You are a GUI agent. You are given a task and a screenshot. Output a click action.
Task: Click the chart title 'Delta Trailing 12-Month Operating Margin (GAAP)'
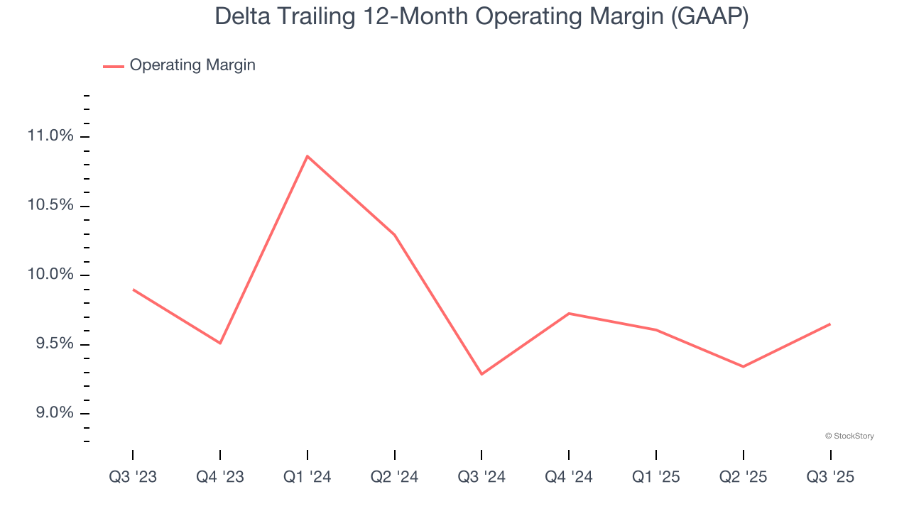pyautogui.click(x=481, y=17)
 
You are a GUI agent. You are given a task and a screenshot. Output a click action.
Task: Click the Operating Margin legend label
pyautogui.click(x=192, y=65)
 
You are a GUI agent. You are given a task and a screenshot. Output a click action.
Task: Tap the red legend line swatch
pyautogui.click(x=114, y=66)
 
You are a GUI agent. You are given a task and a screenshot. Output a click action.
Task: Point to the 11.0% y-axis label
pyautogui.click(x=50, y=136)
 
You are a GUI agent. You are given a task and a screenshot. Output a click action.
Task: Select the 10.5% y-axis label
pyautogui.click(x=50, y=206)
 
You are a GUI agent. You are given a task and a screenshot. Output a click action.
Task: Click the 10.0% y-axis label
pyautogui.click(x=50, y=275)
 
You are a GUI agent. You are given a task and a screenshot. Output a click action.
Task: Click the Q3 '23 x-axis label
pyautogui.click(x=133, y=477)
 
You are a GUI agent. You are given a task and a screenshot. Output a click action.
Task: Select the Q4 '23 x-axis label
pyautogui.click(x=220, y=477)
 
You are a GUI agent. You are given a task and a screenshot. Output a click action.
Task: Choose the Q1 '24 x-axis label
pyautogui.click(x=307, y=477)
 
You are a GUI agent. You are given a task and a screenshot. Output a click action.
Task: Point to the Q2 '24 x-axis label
pyautogui.click(x=394, y=477)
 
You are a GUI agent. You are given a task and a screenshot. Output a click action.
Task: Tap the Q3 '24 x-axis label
pyautogui.click(x=481, y=477)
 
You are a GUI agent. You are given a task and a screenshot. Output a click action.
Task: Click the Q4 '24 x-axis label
pyautogui.click(x=569, y=477)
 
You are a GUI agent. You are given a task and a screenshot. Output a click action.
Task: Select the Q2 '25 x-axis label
pyautogui.click(x=743, y=477)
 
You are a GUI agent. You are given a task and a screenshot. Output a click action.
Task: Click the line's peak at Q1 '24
pyautogui.click(x=307, y=156)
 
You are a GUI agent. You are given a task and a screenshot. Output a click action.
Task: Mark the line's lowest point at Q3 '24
pyautogui.click(x=481, y=374)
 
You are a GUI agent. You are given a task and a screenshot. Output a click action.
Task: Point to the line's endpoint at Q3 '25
pyautogui.click(x=829, y=324)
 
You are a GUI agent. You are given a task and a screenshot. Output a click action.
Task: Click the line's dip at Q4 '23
pyautogui.click(x=220, y=343)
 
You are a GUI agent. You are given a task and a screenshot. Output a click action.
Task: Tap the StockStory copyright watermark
pyautogui.click(x=849, y=436)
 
